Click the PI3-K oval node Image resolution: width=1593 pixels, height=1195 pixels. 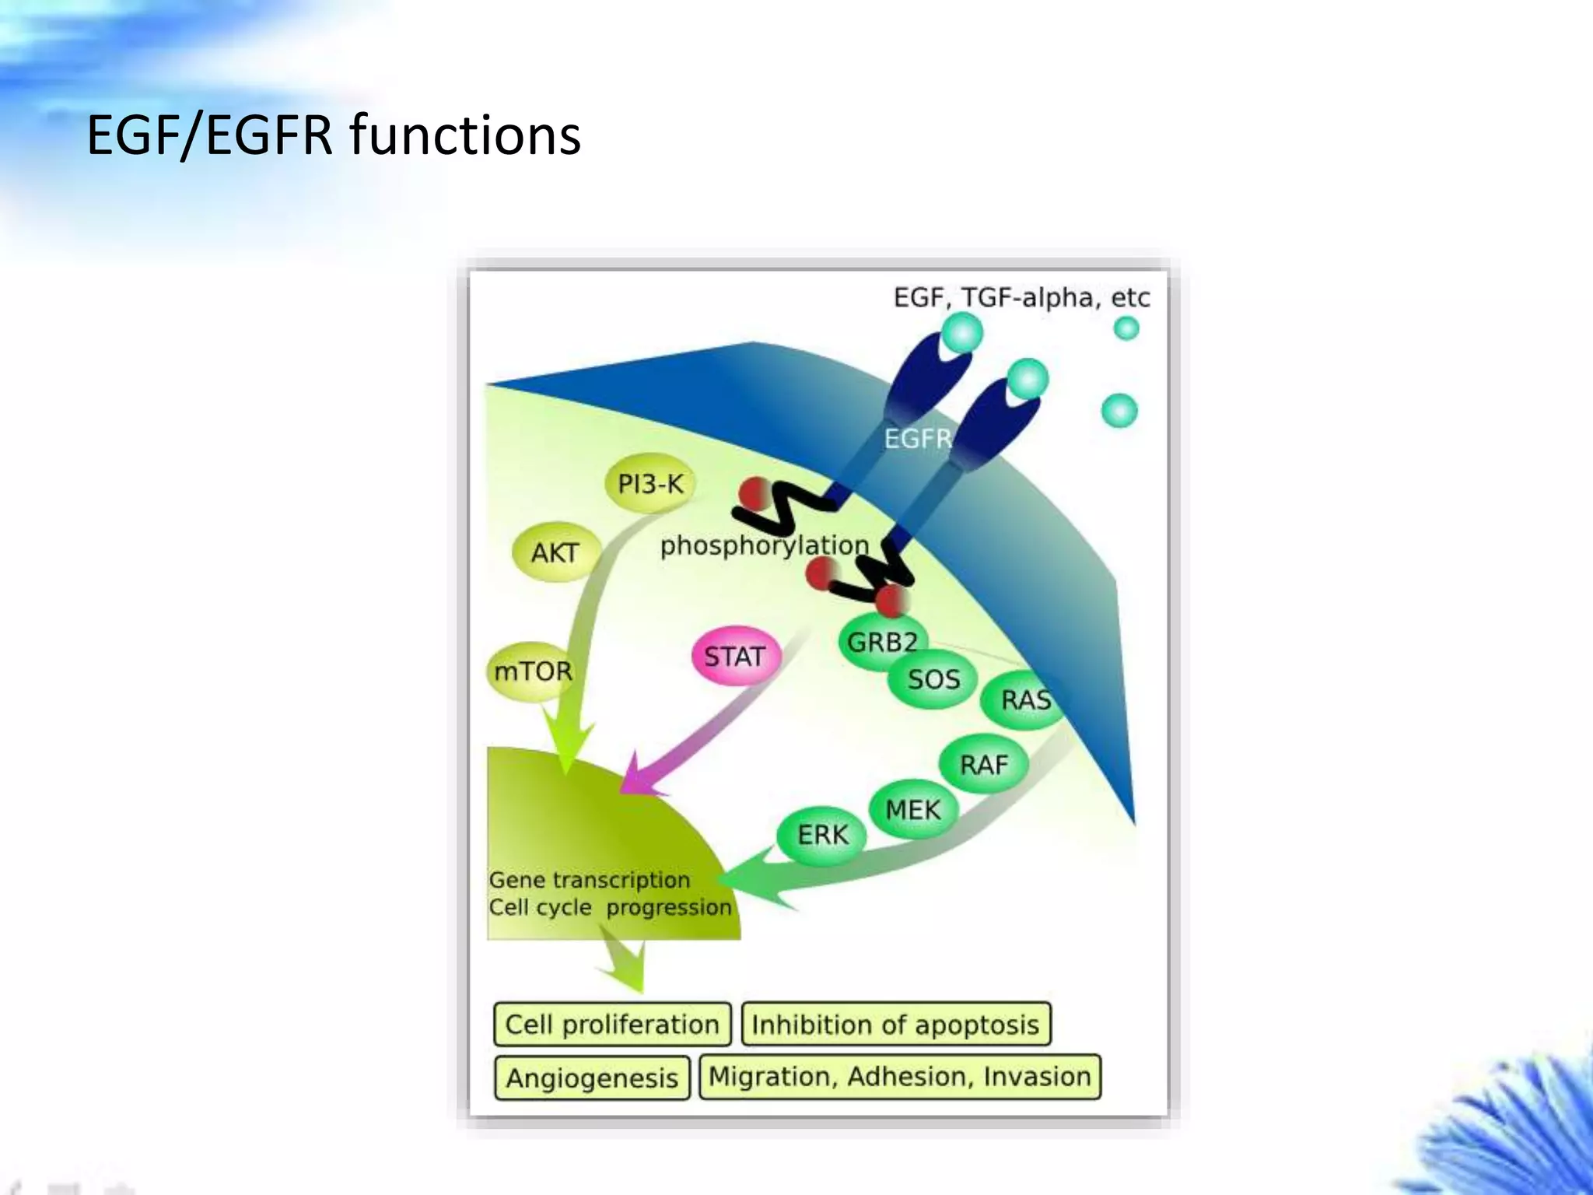pos(650,484)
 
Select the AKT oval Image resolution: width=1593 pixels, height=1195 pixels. pos(555,552)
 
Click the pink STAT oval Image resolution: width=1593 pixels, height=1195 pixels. pos(734,656)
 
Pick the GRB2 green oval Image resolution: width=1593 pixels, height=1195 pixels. pos(882,643)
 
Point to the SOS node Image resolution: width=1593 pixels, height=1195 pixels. pos(933,679)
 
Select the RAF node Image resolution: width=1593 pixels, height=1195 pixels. pos(983,764)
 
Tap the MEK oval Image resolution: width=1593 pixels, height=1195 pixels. pos(912,809)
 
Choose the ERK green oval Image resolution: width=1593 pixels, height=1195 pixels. pos(822,835)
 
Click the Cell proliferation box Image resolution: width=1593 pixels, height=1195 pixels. pos(612,1024)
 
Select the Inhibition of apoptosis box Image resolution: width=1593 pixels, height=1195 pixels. pos(895,1024)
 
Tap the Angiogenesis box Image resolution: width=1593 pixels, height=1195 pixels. pos(592,1078)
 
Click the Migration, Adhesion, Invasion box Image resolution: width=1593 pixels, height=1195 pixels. pos(900,1076)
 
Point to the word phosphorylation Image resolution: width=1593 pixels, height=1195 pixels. pos(764,545)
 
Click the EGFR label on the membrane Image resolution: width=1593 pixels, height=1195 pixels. pos(919,439)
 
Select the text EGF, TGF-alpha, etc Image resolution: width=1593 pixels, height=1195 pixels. pos(1021,297)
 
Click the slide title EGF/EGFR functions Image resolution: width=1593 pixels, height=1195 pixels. pos(334,135)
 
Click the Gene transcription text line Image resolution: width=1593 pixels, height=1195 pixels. pos(590,880)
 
